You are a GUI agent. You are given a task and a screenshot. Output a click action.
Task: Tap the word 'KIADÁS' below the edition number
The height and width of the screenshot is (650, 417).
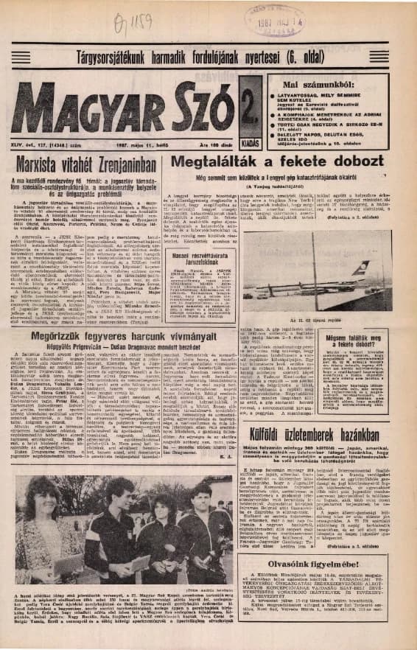tap(249, 127)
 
